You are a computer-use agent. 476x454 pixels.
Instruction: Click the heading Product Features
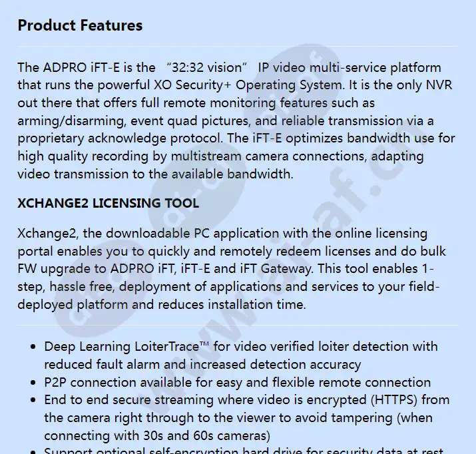(x=80, y=26)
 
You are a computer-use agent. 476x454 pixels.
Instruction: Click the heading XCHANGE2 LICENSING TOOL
(x=108, y=203)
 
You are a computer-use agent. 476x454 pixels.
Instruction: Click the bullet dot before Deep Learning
(x=34, y=347)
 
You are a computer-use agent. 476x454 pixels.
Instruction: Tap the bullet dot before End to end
(x=34, y=401)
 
